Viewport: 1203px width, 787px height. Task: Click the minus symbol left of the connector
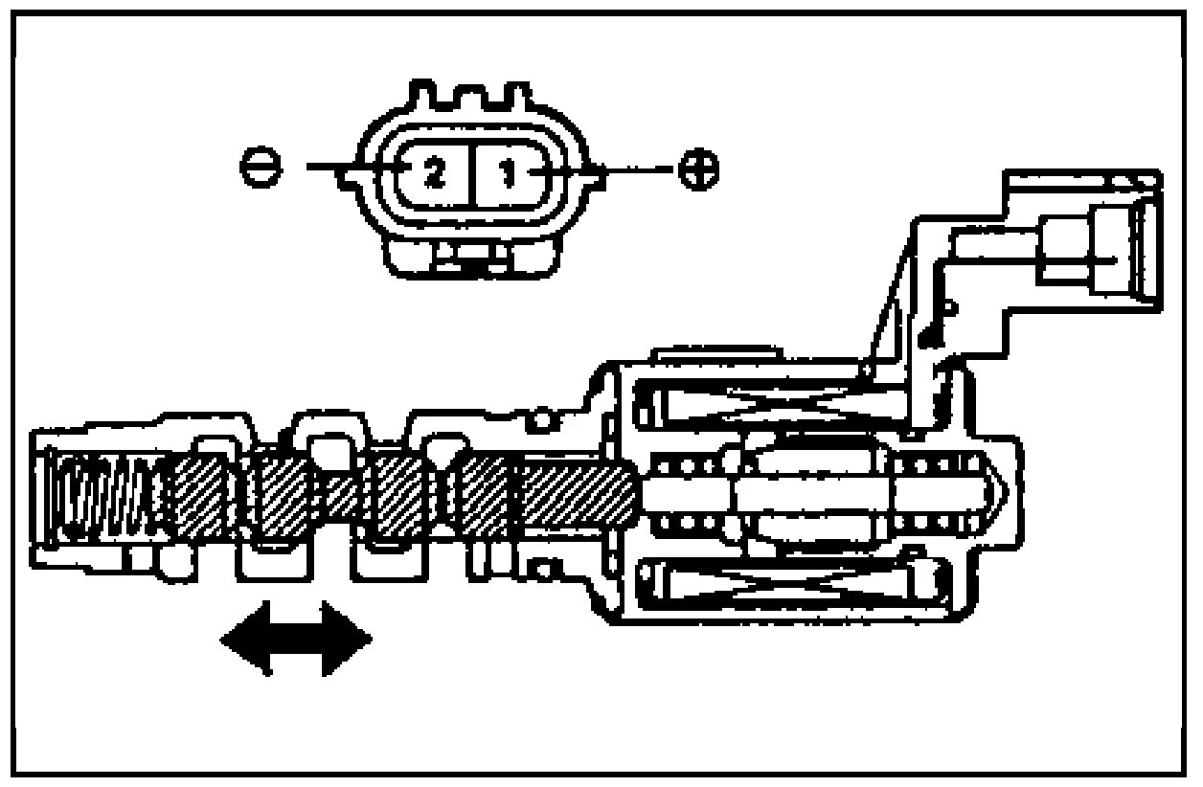261,170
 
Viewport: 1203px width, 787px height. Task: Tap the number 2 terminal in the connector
433,173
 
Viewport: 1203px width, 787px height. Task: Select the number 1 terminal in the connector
509,173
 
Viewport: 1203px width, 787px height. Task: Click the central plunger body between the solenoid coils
814,493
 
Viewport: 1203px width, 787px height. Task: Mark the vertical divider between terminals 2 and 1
471,173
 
